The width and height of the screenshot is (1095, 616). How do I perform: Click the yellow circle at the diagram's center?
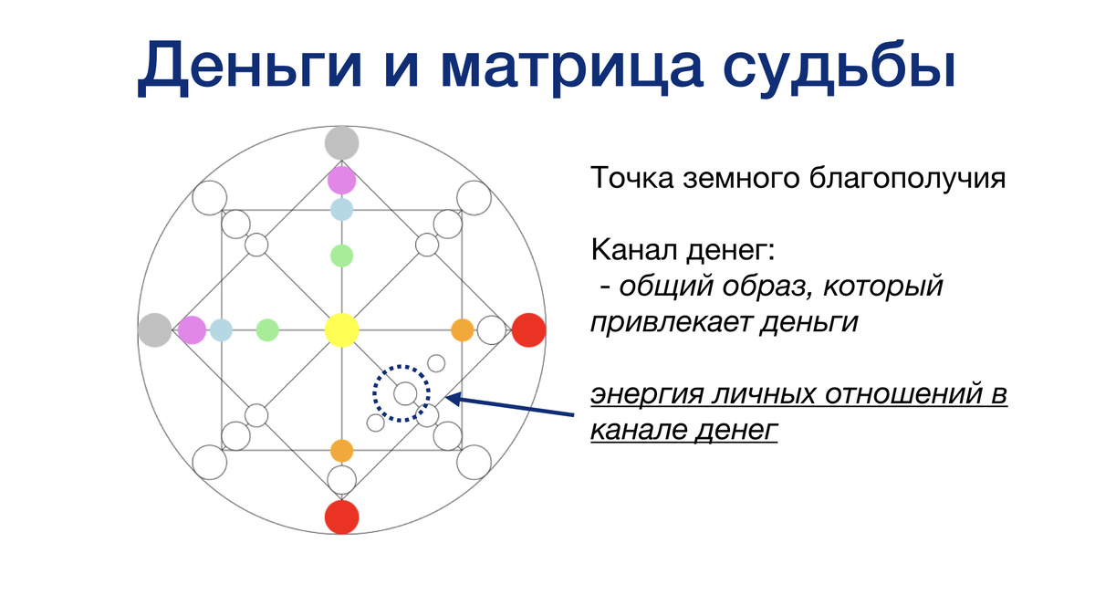341,330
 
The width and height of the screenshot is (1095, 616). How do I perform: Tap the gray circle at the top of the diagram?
341,143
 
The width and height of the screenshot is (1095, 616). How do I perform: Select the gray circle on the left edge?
155,330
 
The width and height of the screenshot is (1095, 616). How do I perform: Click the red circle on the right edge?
528,330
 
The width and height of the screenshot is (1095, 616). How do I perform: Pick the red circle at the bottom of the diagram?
341,517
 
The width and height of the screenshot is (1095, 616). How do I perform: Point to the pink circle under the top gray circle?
341,180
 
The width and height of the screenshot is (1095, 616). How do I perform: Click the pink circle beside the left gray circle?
192,330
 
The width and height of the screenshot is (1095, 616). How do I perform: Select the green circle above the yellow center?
341,256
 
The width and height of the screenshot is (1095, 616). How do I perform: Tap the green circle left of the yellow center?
267,330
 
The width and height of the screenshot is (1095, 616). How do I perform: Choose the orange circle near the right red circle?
463,330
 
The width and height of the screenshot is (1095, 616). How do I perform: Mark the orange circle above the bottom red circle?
341,451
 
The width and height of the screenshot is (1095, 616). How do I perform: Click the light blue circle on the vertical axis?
341,209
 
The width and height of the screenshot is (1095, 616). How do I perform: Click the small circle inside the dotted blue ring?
405,393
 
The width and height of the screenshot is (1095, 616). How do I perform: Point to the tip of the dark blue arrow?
446,398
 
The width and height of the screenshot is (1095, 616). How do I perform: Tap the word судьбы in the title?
839,65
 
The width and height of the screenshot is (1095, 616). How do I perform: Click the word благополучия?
907,179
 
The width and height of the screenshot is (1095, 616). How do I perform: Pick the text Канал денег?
683,250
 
